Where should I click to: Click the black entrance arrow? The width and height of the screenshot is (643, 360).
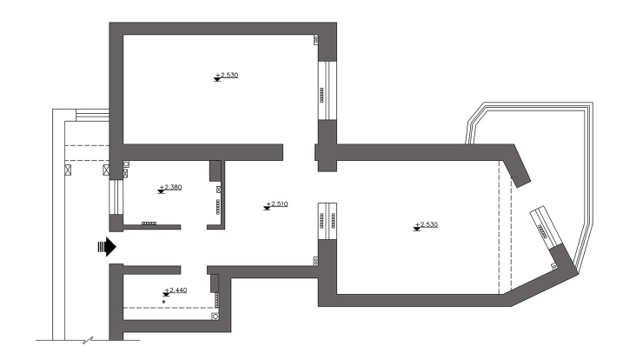tap(107, 247)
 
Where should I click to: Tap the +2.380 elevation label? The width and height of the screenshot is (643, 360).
tap(170, 187)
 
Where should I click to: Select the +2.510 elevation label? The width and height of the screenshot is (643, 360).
tap(277, 203)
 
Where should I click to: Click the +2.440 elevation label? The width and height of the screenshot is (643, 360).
tap(176, 290)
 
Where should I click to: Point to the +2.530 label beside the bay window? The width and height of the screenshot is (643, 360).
tap(427, 224)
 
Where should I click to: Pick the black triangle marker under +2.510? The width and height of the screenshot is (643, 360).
tap(267, 209)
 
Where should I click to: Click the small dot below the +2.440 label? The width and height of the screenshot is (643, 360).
tap(164, 302)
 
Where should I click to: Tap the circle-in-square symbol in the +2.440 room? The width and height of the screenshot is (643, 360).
tap(215, 317)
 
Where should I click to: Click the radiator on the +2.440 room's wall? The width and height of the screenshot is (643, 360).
tap(217, 300)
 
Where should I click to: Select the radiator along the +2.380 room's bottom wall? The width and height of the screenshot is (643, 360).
tap(149, 223)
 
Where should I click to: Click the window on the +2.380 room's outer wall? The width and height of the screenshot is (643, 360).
tap(116, 197)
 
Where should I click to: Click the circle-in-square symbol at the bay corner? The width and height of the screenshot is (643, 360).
tap(554, 266)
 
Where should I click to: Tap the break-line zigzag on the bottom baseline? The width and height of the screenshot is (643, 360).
tap(88, 340)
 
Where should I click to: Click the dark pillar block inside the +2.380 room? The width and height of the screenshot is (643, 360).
tap(215, 170)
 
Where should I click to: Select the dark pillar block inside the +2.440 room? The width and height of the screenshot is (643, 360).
tap(215, 283)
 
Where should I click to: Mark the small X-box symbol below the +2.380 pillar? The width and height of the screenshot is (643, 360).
tap(219, 190)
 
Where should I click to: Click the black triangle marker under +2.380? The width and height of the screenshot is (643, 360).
tap(161, 191)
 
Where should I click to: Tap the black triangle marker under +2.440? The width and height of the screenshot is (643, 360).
tap(166, 295)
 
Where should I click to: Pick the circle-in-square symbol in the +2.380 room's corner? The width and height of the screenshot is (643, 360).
tap(126, 163)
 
